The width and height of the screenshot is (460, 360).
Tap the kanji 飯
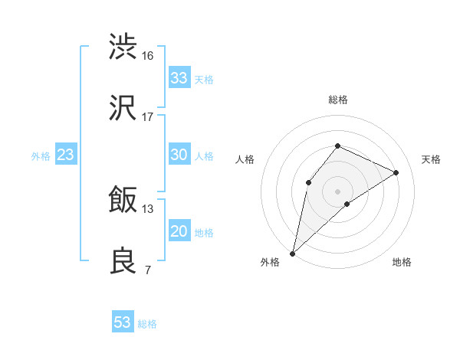coord(123,201)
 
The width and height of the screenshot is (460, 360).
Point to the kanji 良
coord(123,260)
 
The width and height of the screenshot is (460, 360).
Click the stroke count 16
coord(148,55)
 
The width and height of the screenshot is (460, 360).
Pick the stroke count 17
coord(148,117)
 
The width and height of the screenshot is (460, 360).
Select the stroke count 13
coord(148,208)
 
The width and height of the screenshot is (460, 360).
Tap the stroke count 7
coord(147,270)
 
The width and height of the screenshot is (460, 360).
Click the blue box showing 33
coord(179,78)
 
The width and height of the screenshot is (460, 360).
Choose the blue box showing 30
coord(179,155)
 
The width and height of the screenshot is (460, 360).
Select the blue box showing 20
coord(179,231)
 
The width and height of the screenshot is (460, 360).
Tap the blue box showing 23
coord(66,155)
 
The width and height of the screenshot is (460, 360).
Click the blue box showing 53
coord(123,322)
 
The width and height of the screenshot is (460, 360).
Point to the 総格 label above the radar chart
coord(337,100)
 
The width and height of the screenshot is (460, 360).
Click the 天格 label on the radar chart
coord(432,159)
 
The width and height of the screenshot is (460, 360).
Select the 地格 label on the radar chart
coord(402,262)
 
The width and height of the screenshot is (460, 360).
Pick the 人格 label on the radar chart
coord(245,159)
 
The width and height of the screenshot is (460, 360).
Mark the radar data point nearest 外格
coord(292,253)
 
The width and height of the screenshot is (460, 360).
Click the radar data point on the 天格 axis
coord(396,172)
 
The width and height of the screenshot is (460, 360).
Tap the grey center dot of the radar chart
coord(337,191)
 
